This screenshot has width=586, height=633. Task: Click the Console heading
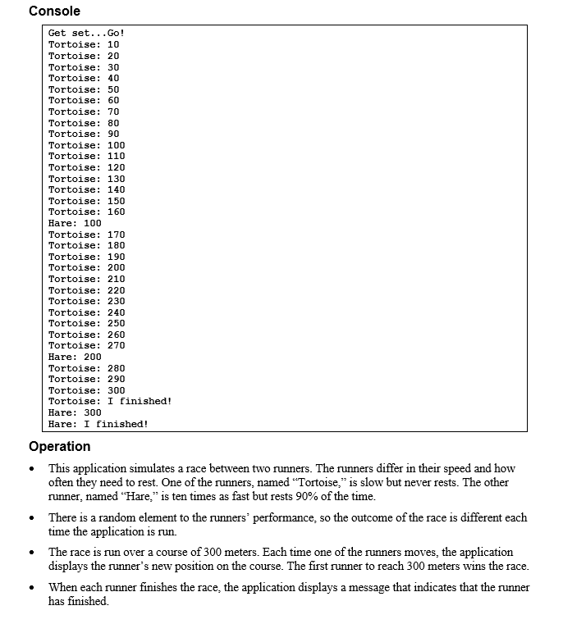point(54,11)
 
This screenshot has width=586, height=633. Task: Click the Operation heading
point(59,446)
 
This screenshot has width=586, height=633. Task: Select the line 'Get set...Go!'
point(86,34)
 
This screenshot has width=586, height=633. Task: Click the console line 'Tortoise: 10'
point(84,44)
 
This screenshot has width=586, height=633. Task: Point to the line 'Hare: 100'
point(75,223)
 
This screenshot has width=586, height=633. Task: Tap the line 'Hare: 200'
point(75,357)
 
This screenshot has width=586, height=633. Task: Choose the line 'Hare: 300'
point(75,412)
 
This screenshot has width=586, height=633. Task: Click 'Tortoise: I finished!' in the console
point(110,401)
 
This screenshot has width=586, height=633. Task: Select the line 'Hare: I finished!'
point(98,424)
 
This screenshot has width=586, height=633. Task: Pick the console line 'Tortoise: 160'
point(86,212)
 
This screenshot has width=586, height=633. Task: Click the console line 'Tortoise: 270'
point(86,345)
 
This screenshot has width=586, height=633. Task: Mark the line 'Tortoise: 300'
point(86,390)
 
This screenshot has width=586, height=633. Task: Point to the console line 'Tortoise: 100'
point(86,145)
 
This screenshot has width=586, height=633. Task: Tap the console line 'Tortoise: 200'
point(86,267)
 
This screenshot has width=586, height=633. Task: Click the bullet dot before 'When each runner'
point(31,589)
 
